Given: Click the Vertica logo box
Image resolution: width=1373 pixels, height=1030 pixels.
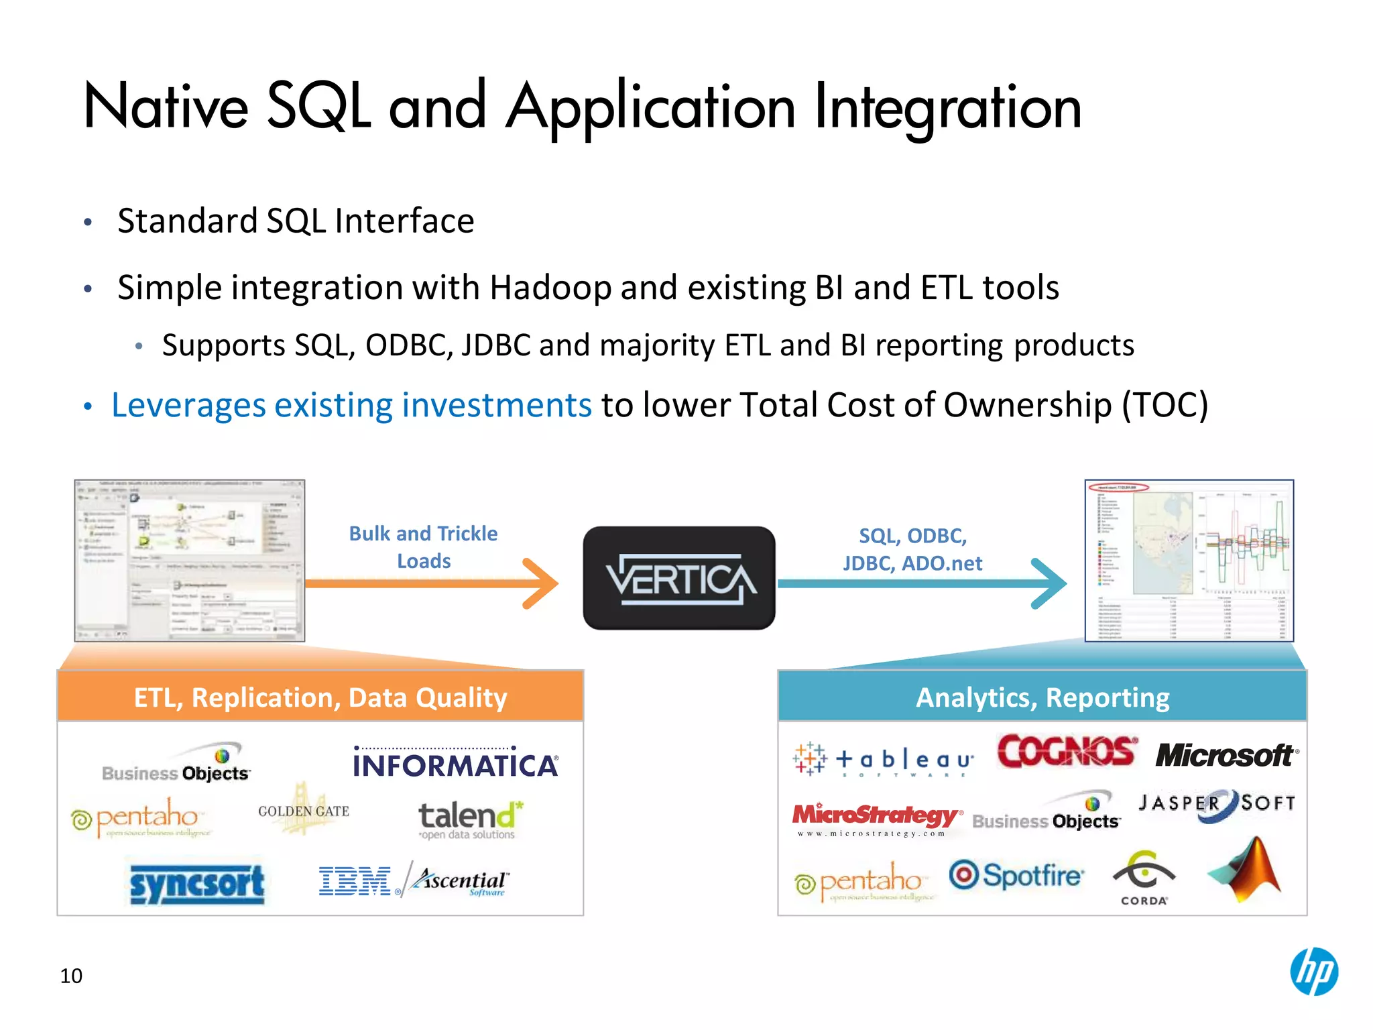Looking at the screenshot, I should point(678,578).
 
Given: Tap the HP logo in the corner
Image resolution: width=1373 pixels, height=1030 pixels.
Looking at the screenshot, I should point(1313,972).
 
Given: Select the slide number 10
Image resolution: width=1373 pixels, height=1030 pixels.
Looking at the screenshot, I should point(71,976).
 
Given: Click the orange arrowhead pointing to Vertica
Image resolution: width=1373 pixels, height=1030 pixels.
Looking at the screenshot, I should point(542,583).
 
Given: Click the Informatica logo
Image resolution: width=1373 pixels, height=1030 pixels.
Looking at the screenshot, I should point(455,763).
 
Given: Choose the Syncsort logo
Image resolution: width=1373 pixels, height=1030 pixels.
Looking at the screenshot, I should point(197,884).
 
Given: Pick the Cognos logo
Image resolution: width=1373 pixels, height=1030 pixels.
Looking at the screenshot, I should point(1066,752).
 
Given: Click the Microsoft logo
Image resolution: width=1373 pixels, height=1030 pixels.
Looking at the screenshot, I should point(1226,756).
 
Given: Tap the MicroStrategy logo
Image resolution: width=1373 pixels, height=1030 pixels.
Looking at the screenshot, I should point(876,818).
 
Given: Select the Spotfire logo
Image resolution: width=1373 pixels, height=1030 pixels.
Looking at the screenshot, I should point(1016,876).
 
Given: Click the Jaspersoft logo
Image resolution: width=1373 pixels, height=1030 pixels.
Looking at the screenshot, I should point(1217,804).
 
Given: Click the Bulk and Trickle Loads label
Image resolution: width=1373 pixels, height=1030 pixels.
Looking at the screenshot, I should point(424,547).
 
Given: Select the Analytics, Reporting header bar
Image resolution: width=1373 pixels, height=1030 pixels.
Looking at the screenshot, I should point(1042,697).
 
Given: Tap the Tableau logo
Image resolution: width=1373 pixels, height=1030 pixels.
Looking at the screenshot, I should point(884,760).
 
